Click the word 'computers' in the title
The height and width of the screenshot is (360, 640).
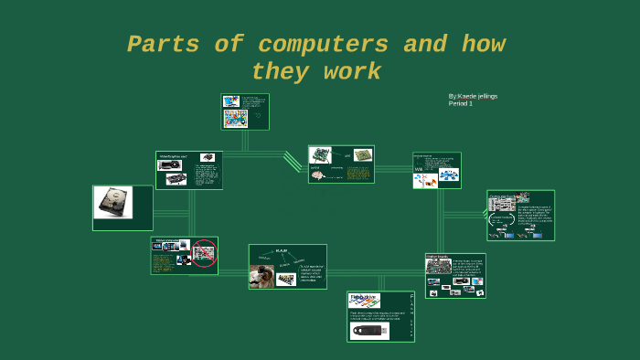(324, 45)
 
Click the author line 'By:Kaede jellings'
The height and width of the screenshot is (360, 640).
(473, 96)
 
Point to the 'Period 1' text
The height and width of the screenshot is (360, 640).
(460, 104)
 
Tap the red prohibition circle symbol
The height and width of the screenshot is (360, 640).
(203, 252)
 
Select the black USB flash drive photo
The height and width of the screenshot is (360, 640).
(369, 330)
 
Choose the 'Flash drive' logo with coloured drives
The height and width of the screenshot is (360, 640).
(365, 300)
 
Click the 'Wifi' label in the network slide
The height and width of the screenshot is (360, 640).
(419, 170)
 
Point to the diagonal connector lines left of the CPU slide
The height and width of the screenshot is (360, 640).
(293, 162)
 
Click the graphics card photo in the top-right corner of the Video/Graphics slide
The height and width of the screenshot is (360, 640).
(208, 158)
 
